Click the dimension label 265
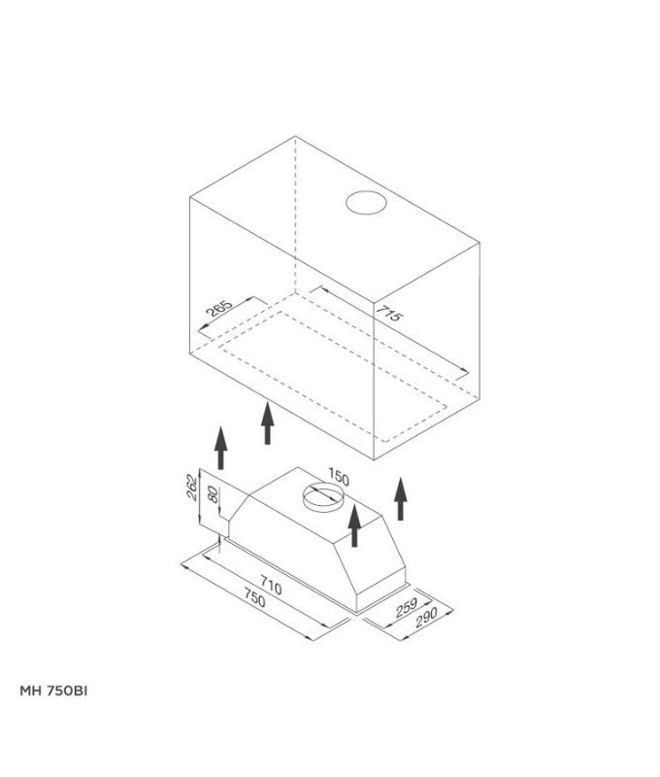point(218,308)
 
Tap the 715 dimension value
point(389,313)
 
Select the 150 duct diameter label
point(338,477)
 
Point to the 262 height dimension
point(191,488)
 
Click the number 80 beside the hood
point(213,494)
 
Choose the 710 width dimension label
point(271,586)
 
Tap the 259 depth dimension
point(407,608)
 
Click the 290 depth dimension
point(426,618)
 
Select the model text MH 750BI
point(53,692)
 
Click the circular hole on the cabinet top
point(366,203)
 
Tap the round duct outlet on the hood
point(323,497)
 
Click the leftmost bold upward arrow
point(221,447)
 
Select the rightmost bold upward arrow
point(401,498)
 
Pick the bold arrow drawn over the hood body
point(354,525)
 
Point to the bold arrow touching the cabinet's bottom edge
point(267,422)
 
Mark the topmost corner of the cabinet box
point(296,136)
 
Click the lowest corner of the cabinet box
point(374,460)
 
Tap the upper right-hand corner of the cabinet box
point(479,242)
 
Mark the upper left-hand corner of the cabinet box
point(190,197)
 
